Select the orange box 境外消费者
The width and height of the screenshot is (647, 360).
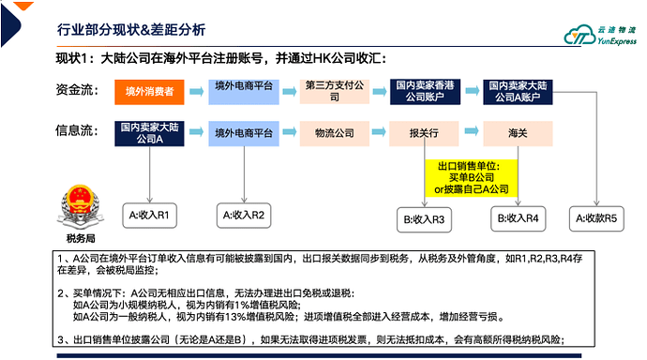pos(149,91)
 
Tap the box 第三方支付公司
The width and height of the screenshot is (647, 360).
pos(335,91)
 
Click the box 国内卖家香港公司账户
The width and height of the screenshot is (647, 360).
pos(426,91)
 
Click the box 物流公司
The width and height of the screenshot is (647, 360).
pos(335,133)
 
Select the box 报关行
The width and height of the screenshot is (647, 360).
pos(426,133)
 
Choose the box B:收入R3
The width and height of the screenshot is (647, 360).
pos(425,220)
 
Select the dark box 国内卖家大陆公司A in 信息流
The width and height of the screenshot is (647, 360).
pos(149,133)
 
